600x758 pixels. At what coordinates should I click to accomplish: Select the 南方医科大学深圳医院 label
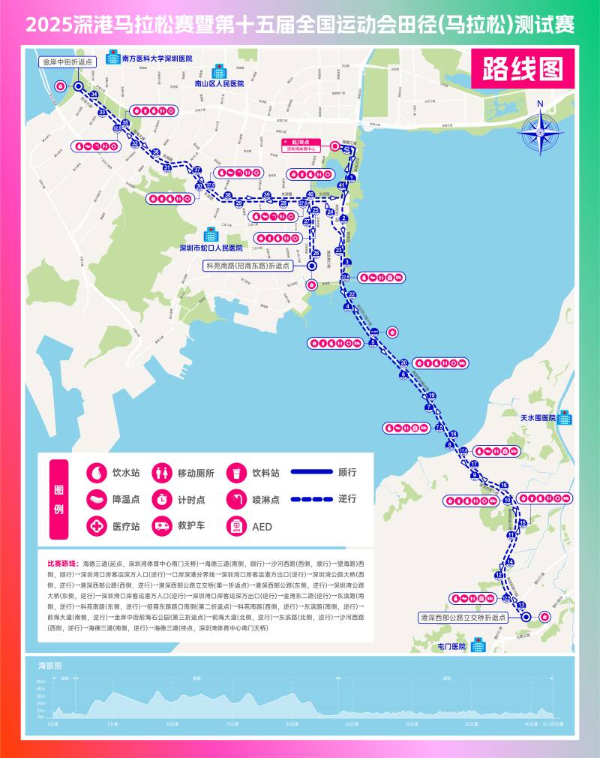tap(157, 58)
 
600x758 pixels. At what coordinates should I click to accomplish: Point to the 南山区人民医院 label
tap(219, 85)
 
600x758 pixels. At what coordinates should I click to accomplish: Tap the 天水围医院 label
tap(538, 417)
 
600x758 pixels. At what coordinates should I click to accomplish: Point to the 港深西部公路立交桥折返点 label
tap(463, 616)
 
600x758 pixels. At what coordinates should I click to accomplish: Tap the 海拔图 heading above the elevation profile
tap(49, 666)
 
